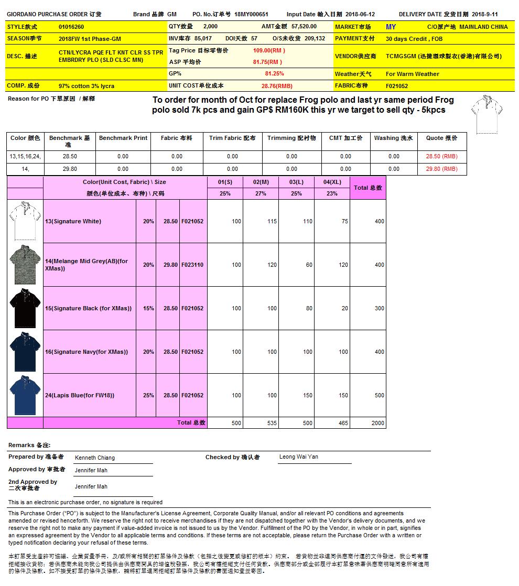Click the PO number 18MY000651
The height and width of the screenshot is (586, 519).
(251, 15)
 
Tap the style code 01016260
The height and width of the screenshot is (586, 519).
(71, 27)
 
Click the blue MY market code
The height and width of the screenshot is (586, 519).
(391, 27)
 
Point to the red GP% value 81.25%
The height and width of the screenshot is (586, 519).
(275, 74)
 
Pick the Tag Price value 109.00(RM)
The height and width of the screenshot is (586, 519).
(269, 51)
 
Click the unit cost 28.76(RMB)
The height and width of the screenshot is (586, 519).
(277, 86)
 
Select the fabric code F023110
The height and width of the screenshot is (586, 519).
(192, 265)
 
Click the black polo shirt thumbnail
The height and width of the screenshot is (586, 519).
(25, 308)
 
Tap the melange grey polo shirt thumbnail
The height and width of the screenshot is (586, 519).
(25, 265)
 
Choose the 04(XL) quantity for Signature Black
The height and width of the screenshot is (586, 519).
(344, 308)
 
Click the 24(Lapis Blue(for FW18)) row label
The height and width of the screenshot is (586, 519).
(80, 395)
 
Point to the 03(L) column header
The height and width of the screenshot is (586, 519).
(296, 182)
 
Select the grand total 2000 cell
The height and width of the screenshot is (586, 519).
(377, 423)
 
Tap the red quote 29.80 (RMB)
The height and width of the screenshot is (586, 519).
(441, 169)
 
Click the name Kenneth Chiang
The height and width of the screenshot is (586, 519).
(95, 458)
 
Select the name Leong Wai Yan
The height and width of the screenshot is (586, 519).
(298, 457)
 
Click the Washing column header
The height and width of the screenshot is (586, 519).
(393, 138)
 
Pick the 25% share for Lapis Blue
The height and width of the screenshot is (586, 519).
(148, 395)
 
